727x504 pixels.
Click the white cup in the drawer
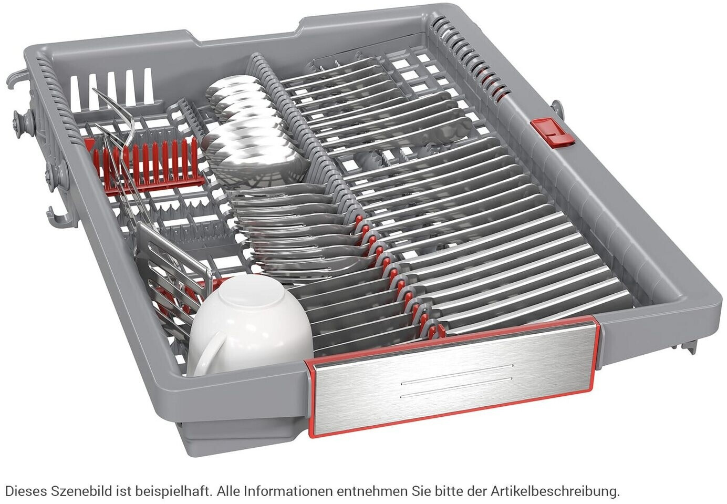pos(250,325)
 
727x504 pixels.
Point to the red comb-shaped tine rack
pos(146,164)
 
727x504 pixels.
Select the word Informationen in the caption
pos(287,491)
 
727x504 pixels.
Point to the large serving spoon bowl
pos(256,162)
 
